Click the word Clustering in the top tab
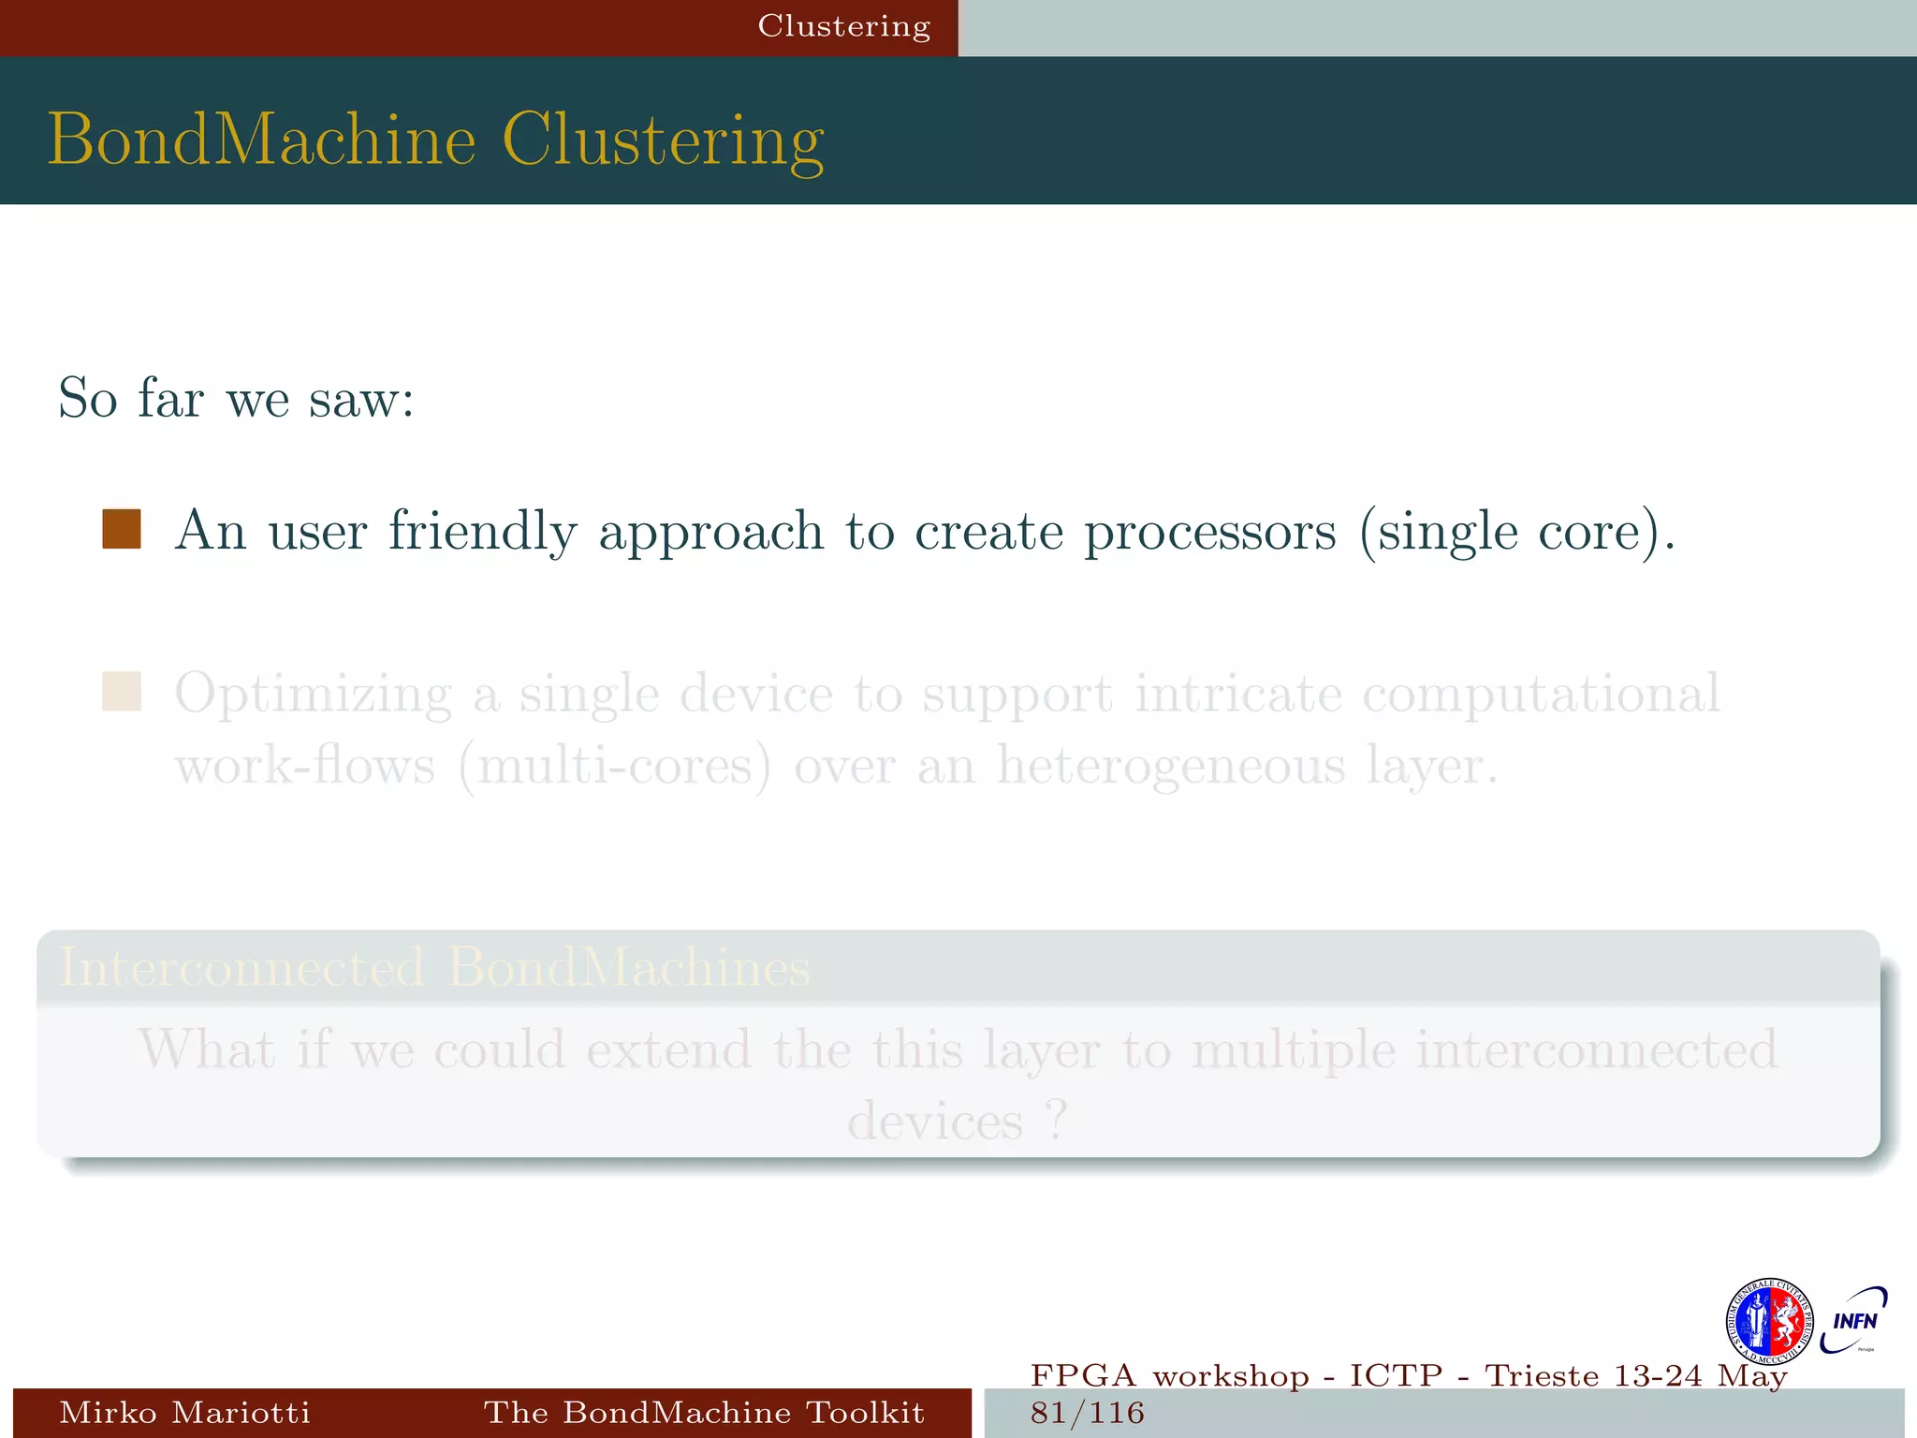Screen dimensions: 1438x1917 click(843, 26)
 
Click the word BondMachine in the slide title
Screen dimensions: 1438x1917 click(262, 140)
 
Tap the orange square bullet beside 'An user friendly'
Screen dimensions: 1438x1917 click(122, 529)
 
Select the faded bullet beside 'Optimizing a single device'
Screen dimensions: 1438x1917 click(122, 692)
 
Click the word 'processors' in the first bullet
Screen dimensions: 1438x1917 click(1209, 532)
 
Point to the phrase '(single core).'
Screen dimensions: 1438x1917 click(1516, 532)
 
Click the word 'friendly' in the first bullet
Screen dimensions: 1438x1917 click(482, 532)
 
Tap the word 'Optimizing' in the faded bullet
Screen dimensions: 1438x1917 click(314, 695)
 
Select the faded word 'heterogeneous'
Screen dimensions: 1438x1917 click(1170, 766)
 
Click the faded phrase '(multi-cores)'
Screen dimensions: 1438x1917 click(615, 766)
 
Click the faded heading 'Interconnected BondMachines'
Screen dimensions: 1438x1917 click(434, 967)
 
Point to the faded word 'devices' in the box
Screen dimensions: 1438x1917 click(934, 1121)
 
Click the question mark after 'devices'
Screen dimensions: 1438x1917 click(1057, 1121)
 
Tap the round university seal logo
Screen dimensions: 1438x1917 click(1769, 1322)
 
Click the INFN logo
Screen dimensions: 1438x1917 click(1854, 1320)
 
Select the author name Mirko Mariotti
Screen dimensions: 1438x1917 click(184, 1412)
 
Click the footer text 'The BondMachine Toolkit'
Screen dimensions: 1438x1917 click(704, 1412)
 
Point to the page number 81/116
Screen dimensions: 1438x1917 click(1088, 1413)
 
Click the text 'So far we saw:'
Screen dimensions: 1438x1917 click(236, 399)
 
